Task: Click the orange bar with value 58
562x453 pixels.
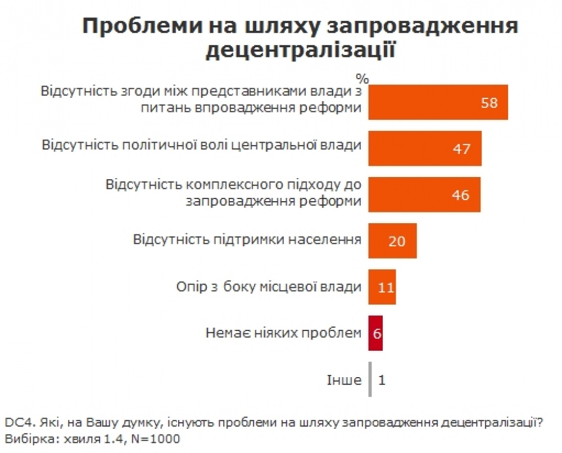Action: (438, 102)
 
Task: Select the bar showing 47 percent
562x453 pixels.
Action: (425, 148)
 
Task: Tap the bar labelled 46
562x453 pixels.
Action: (424, 194)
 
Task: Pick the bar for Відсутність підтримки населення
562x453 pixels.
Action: (392, 241)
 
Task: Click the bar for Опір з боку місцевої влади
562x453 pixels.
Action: (382, 287)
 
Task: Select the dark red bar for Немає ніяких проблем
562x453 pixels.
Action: (375, 333)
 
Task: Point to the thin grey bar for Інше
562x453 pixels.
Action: (370, 380)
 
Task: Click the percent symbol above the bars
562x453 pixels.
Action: (362, 78)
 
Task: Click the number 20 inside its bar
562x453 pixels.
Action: (397, 241)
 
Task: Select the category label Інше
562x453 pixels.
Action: (344, 380)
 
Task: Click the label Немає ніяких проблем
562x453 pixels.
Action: (283, 333)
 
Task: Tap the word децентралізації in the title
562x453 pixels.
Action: (300, 51)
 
